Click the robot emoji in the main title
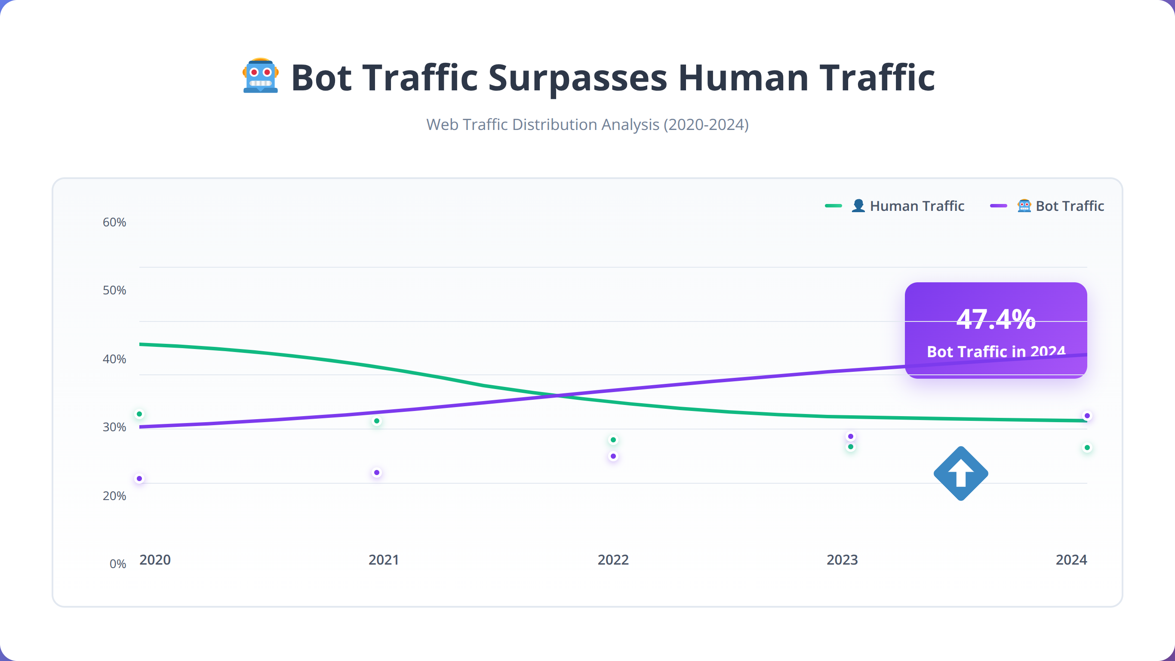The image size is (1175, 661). pos(261,76)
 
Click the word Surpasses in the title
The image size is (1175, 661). pos(578,78)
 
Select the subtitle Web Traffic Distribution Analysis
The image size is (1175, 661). pos(587,125)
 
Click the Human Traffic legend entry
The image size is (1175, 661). pos(895,206)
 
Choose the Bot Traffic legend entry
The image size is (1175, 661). pos(1047,206)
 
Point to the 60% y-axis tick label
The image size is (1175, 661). pos(114,222)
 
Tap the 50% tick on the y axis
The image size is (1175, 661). pos(114,290)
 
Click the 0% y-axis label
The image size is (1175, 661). pos(118,564)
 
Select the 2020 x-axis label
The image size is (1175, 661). pos(155,560)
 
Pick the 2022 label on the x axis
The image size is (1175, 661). pos(613,560)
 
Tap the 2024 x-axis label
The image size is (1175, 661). pos(1071,560)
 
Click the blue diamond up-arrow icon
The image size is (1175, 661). pos(961,473)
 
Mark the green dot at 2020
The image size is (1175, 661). pos(140,414)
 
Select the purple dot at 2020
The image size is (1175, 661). pos(140,479)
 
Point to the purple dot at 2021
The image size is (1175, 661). pos(377,473)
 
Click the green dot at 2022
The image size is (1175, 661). pos(613,440)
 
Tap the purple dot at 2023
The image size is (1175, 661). pos(851,436)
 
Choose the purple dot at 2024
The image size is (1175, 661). pos(1087,416)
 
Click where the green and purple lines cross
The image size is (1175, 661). pos(557,395)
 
